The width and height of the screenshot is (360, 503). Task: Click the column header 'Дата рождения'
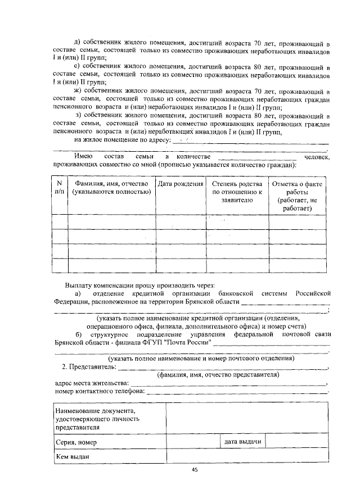181,184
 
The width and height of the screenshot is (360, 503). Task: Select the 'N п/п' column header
59,188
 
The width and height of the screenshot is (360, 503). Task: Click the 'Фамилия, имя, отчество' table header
111,188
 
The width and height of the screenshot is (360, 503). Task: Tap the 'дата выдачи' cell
242,442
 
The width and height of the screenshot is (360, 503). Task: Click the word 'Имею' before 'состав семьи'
83,156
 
